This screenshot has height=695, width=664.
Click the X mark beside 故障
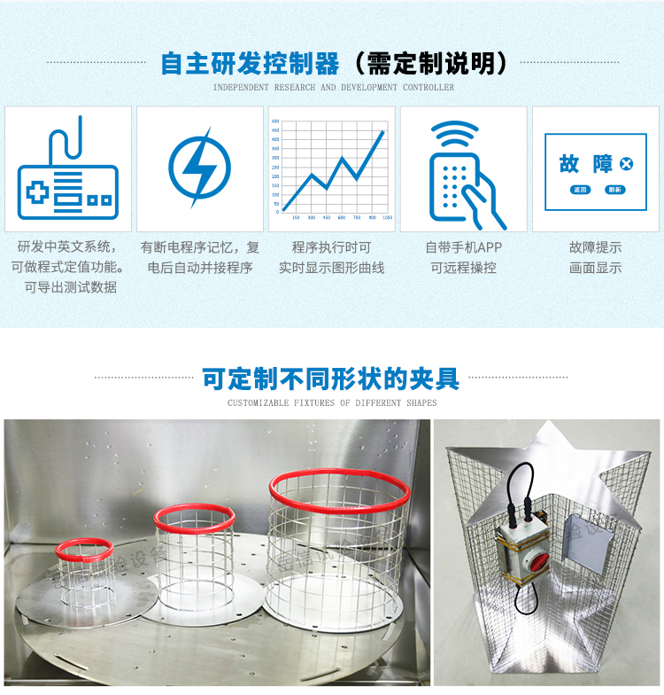[627, 163]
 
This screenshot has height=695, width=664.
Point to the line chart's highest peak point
[383, 132]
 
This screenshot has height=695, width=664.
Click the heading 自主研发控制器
[250, 64]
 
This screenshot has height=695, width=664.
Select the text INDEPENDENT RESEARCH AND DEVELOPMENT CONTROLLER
[333, 88]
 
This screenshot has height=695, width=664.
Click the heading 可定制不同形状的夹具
[331, 379]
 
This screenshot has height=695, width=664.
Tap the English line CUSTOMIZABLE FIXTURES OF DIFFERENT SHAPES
[332, 403]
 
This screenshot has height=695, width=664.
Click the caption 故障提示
[595, 247]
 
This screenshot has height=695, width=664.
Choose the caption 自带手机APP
[463, 247]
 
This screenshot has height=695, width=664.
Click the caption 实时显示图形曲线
[331, 267]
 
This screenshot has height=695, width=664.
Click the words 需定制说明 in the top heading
[429, 64]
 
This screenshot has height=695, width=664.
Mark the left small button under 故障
[580, 190]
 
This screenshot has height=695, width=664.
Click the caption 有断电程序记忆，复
[199, 247]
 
